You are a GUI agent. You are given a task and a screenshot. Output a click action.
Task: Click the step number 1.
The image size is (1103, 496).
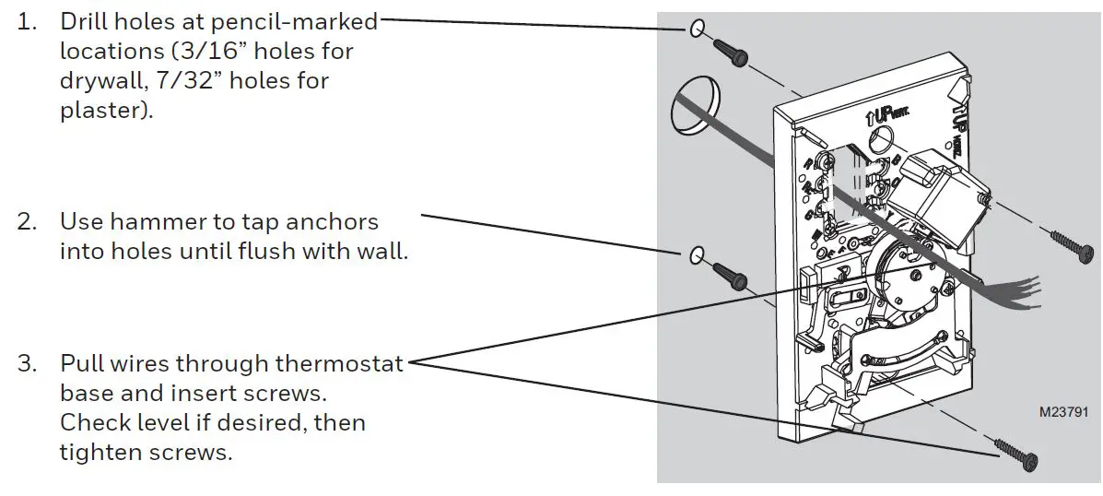click(x=27, y=20)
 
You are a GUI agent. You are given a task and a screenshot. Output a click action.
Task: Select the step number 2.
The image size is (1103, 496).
click(x=27, y=222)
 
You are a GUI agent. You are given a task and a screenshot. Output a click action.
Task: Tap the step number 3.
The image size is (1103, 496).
click(x=27, y=363)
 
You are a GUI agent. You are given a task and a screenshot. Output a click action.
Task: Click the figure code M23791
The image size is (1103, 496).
click(x=1062, y=413)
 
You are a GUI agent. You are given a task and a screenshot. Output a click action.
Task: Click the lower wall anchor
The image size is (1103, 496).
click(x=731, y=276)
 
